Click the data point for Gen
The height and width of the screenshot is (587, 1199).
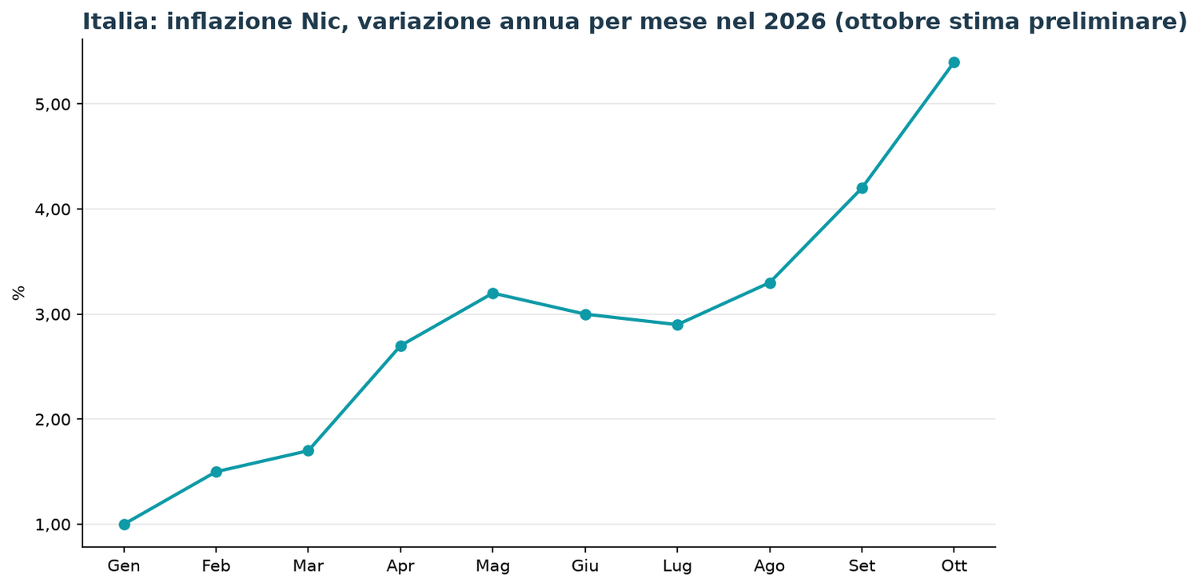tap(124, 525)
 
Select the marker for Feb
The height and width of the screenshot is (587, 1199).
tap(217, 472)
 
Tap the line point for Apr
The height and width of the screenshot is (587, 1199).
tap(401, 346)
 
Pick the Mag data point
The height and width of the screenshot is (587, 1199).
tap(493, 293)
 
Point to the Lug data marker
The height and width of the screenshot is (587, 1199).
tap(678, 325)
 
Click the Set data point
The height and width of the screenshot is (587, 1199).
tap(862, 188)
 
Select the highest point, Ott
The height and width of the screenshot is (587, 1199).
tap(954, 62)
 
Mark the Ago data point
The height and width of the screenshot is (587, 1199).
tap(770, 283)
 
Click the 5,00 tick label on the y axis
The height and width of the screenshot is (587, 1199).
tap(53, 105)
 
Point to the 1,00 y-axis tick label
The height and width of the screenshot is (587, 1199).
tap(53, 525)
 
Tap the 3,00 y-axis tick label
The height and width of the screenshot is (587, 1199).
tap(53, 315)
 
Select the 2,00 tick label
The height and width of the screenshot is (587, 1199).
tap(53, 419)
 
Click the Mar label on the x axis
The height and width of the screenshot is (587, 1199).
tap(309, 566)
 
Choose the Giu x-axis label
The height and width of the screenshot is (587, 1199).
tap(585, 566)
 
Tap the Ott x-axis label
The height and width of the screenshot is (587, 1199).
tap(954, 566)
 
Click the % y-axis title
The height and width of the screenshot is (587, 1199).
tap(18, 293)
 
